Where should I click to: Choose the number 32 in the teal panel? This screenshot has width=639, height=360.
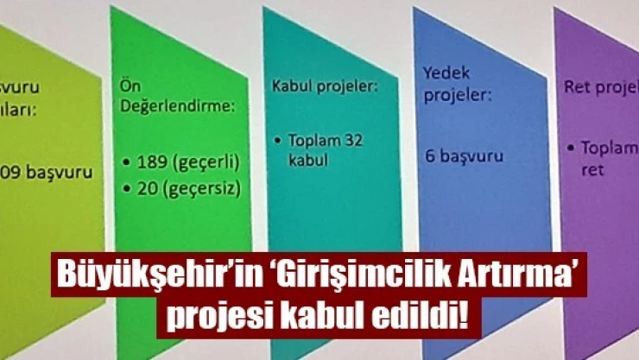pos(353,140)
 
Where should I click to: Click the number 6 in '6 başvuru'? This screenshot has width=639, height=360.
pos(429,156)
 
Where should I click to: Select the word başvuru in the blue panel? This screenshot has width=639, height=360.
pos(472,158)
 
